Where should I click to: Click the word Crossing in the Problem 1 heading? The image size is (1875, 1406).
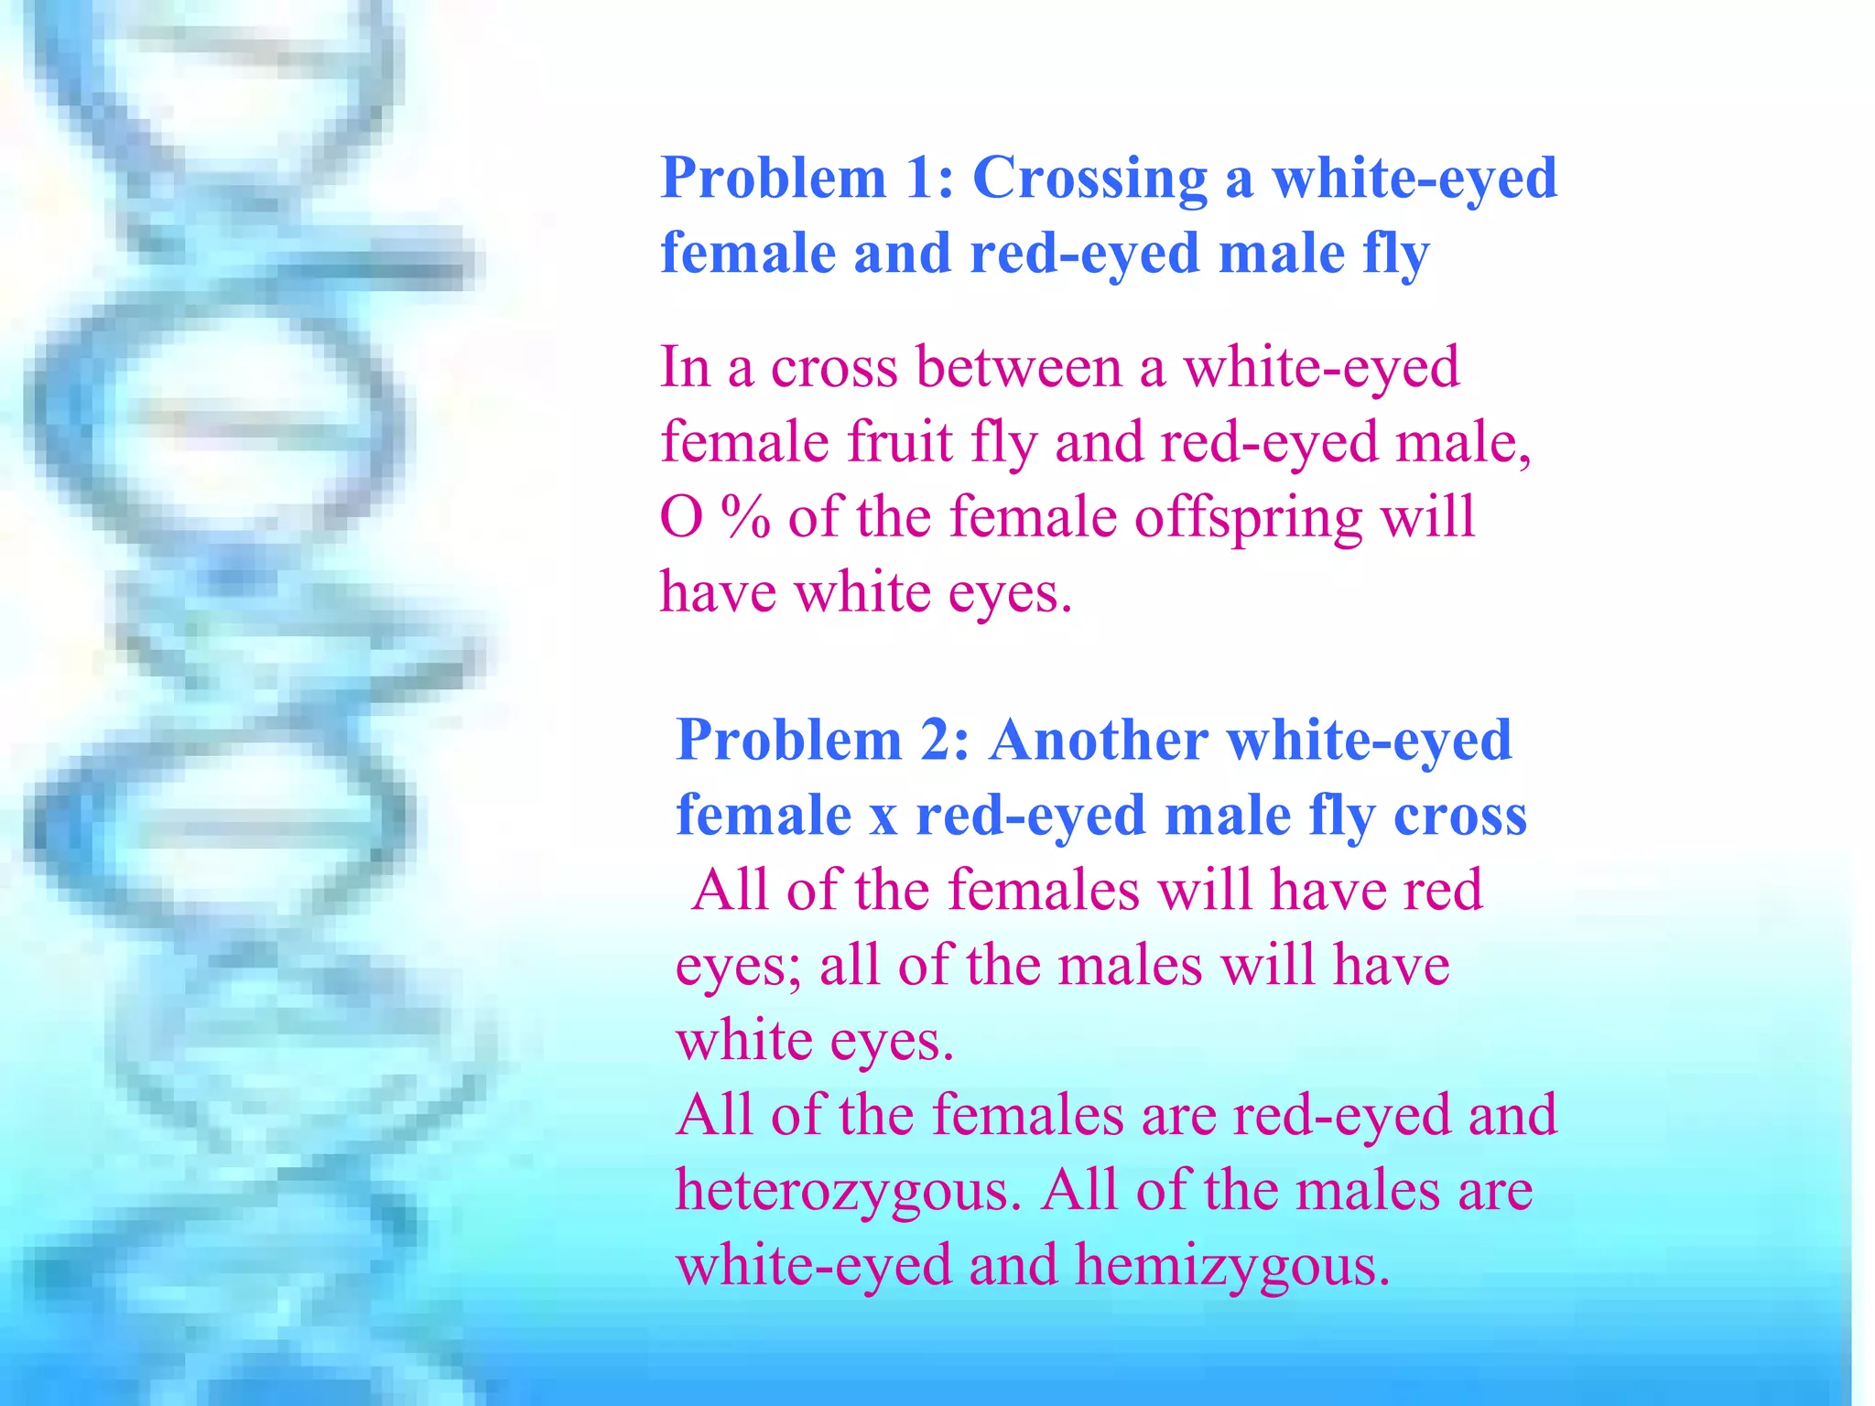[x=1089, y=178]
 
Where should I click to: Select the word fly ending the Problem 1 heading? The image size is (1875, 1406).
[x=1395, y=254]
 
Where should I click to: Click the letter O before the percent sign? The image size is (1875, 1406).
[x=682, y=518]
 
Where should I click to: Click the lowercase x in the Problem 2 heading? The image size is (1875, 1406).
[x=883, y=817]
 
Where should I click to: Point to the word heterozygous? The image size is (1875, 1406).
[x=848, y=1192]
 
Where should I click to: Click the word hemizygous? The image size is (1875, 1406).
[x=1232, y=1267]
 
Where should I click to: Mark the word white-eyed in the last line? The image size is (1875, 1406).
[x=814, y=1267]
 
